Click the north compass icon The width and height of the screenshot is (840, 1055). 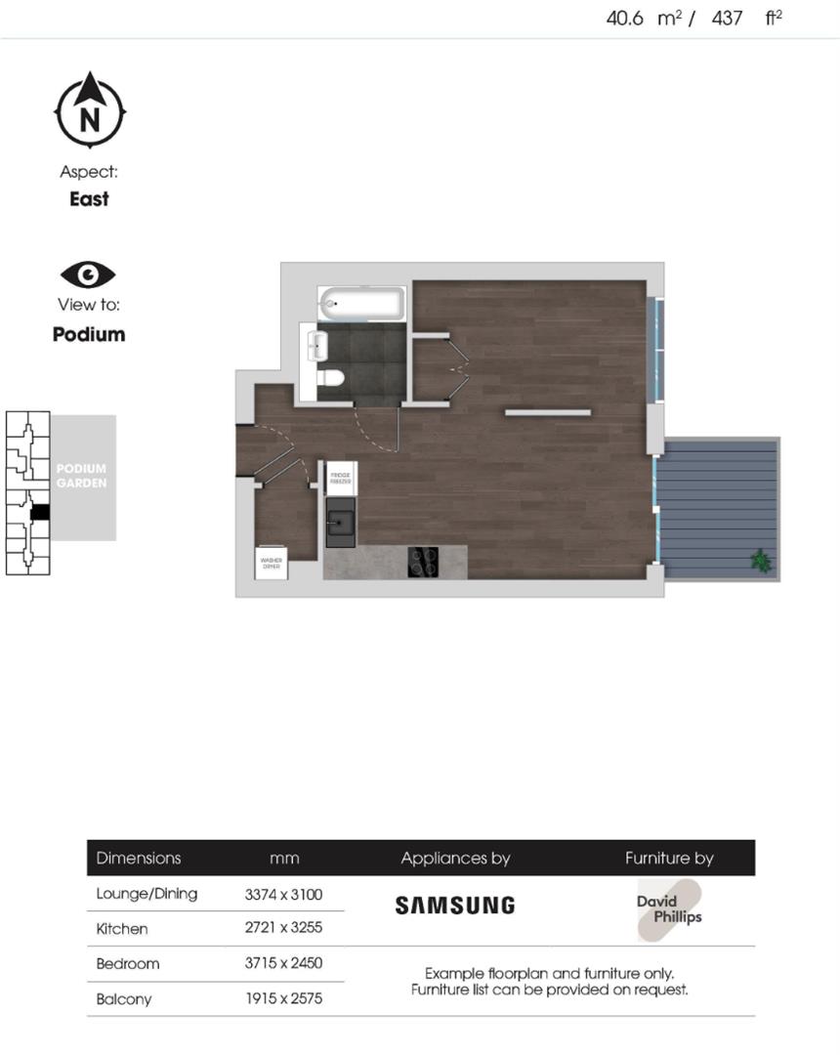pyautogui.click(x=90, y=110)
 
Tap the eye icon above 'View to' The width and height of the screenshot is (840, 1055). pyautogui.click(x=88, y=274)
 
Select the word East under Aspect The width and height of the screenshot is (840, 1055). pyautogui.click(x=89, y=199)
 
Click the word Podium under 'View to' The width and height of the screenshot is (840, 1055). pyautogui.click(x=89, y=334)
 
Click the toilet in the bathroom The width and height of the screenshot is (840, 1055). pyautogui.click(x=332, y=378)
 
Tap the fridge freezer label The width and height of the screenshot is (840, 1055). pyautogui.click(x=339, y=477)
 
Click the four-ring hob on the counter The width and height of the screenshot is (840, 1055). pyautogui.click(x=423, y=562)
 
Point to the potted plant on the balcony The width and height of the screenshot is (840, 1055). pyautogui.click(x=760, y=561)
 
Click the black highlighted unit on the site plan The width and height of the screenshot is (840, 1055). pyautogui.click(x=40, y=512)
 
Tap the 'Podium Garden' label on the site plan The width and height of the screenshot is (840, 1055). pyautogui.click(x=81, y=476)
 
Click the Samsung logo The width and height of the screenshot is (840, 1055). pyautogui.click(x=454, y=906)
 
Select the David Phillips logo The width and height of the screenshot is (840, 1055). pyautogui.click(x=670, y=909)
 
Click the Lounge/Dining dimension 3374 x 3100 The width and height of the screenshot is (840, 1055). pyautogui.click(x=283, y=894)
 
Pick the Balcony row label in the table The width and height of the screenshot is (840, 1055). pyautogui.click(x=124, y=999)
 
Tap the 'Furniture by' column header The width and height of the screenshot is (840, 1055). pyautogui.click(x=669, y=859)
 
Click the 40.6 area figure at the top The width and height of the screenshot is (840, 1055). pyautogui.click(x=625, y=18)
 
